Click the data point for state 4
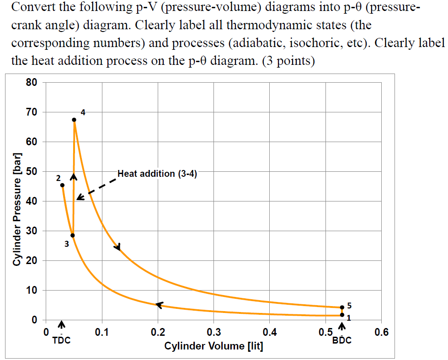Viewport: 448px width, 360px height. click(74, 120)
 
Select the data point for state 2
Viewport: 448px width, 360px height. click(63, 185)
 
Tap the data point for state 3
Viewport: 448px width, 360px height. click(73, 235)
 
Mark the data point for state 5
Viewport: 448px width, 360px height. click(342, 307)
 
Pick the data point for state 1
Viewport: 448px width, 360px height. click(342, 315)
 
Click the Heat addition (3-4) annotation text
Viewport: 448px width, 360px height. click(157, 174)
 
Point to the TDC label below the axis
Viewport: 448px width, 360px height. click(62, 340)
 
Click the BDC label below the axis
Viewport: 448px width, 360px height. click(342, 340)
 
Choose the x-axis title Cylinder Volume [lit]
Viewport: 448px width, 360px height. click(213, 346)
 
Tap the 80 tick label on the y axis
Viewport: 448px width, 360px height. click(32, 83)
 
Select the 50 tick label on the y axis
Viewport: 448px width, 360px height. click(32, 172)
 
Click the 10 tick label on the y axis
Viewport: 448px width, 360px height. click(32, 291)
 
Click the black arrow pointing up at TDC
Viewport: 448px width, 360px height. click(62, 325)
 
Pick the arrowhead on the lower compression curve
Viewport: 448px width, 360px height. click(159, 304)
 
